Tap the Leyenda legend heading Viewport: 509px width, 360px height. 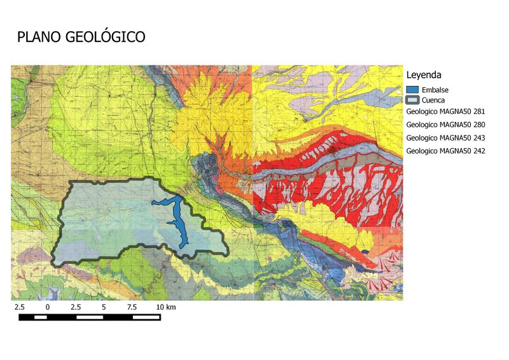[x=424, y=74]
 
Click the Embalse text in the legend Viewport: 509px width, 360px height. [x=435, y=90]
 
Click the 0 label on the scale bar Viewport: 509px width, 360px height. [x=48, y=307]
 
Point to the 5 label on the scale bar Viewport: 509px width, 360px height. [x=104, y=307]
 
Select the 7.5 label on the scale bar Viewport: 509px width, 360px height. [x=132, y=307]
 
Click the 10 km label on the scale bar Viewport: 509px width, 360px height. [x=165, y=307]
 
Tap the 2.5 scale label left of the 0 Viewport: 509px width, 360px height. [x=20, y=307]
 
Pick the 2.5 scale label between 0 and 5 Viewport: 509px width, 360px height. [x=76, y=307]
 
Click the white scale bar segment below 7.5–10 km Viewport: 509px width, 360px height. [x=146, y=316]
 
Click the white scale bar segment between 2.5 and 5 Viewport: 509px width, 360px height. [x=90, y=316]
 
